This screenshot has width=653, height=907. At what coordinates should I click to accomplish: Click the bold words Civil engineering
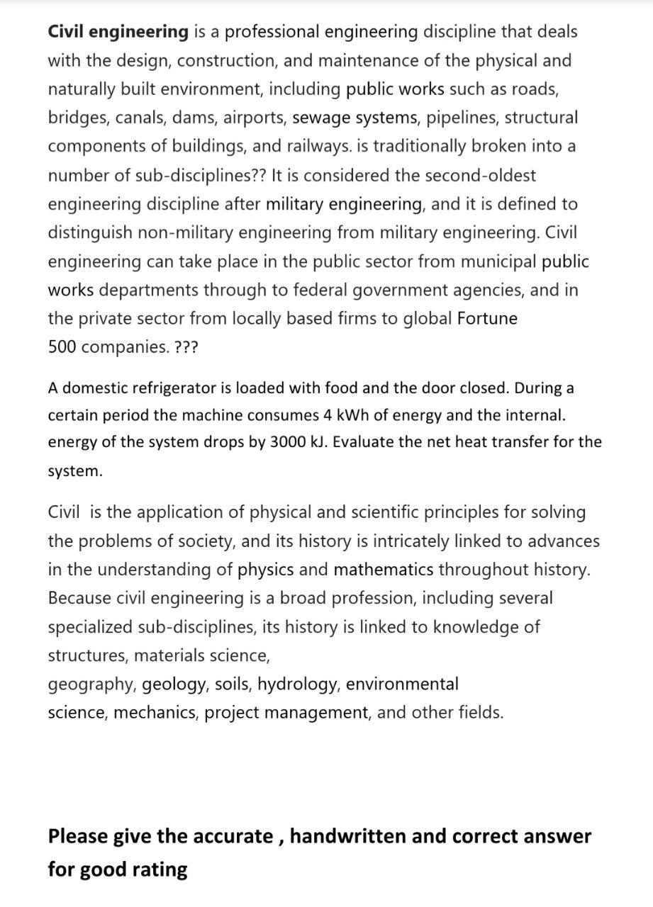(118, 32)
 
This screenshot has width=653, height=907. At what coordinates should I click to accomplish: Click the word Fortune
(487, 319)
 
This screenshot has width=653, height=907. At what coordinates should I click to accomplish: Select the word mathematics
(384, 570)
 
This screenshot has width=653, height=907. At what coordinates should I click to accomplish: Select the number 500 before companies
(62, 348)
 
